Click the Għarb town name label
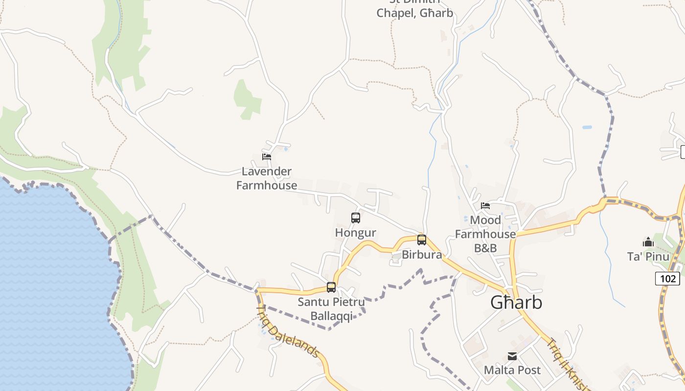point(516,303)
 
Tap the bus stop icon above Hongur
point(356,218)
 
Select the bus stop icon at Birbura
point(421,240)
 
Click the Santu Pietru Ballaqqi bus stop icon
point(331,287)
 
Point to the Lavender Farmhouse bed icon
point(267,157)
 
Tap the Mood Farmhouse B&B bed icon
point(485,206)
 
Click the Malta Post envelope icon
point(512,356)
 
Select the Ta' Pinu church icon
point(648,242)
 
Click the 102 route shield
point(667,279)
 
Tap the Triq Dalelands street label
point(288,332)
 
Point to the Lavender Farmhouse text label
point(267,178)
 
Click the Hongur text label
point(356,233)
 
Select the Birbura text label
point(422,255)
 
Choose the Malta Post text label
point(512,370)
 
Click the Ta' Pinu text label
point(648,257)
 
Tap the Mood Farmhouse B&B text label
point(485,234)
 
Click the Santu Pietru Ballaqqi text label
point(331,309)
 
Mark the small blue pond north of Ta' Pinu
point(587,128)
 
